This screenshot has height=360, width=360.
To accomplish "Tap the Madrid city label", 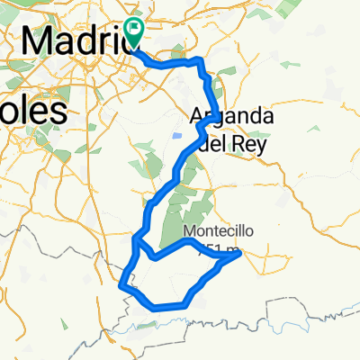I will coord(76,40).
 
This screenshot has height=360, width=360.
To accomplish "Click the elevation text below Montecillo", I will coord(221,249).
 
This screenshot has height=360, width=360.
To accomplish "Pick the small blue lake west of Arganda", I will coord(175,135).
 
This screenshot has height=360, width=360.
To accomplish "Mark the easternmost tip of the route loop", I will coord(240,255).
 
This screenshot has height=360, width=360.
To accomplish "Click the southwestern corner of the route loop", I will coord(121,285).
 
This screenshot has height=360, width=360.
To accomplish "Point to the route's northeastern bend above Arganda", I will coord(200,60).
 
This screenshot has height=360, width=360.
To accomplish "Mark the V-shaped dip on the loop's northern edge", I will coord(155,256).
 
